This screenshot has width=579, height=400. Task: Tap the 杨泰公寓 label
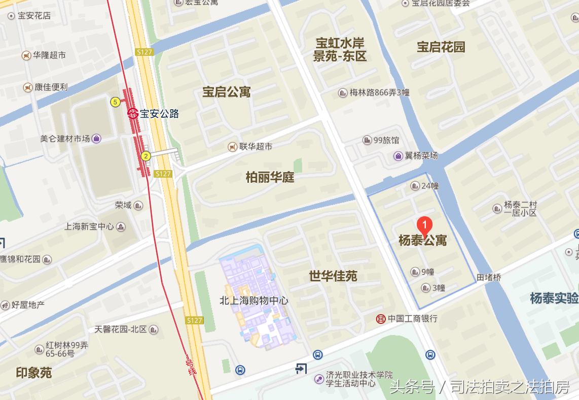(423, 241)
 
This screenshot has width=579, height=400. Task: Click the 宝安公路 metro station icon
(133, 113)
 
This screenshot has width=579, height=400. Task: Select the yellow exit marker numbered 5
(115, 102)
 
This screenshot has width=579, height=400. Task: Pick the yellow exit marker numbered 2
(146, 156)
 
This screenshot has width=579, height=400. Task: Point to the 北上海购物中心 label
(254, 301)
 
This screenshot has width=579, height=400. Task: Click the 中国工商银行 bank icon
(380, 319)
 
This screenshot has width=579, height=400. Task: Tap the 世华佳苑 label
(333, 276)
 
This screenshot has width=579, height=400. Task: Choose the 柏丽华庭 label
(270, 177)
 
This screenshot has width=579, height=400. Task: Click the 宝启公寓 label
(226, 92)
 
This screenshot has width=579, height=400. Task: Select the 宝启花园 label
(441, 47)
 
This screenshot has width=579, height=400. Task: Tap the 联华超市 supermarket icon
(232, 146)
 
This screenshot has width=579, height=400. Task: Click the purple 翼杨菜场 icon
(398, 156)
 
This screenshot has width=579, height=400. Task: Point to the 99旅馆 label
(386, 140)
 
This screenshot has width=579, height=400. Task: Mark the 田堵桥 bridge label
(489, 278)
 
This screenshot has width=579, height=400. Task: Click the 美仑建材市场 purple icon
(96, 138)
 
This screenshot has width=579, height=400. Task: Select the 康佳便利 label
(51, 87)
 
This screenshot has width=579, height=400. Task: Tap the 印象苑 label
(33, 373)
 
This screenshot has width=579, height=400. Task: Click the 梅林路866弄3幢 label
(379, 92)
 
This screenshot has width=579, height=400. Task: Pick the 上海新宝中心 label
(89, 226)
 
